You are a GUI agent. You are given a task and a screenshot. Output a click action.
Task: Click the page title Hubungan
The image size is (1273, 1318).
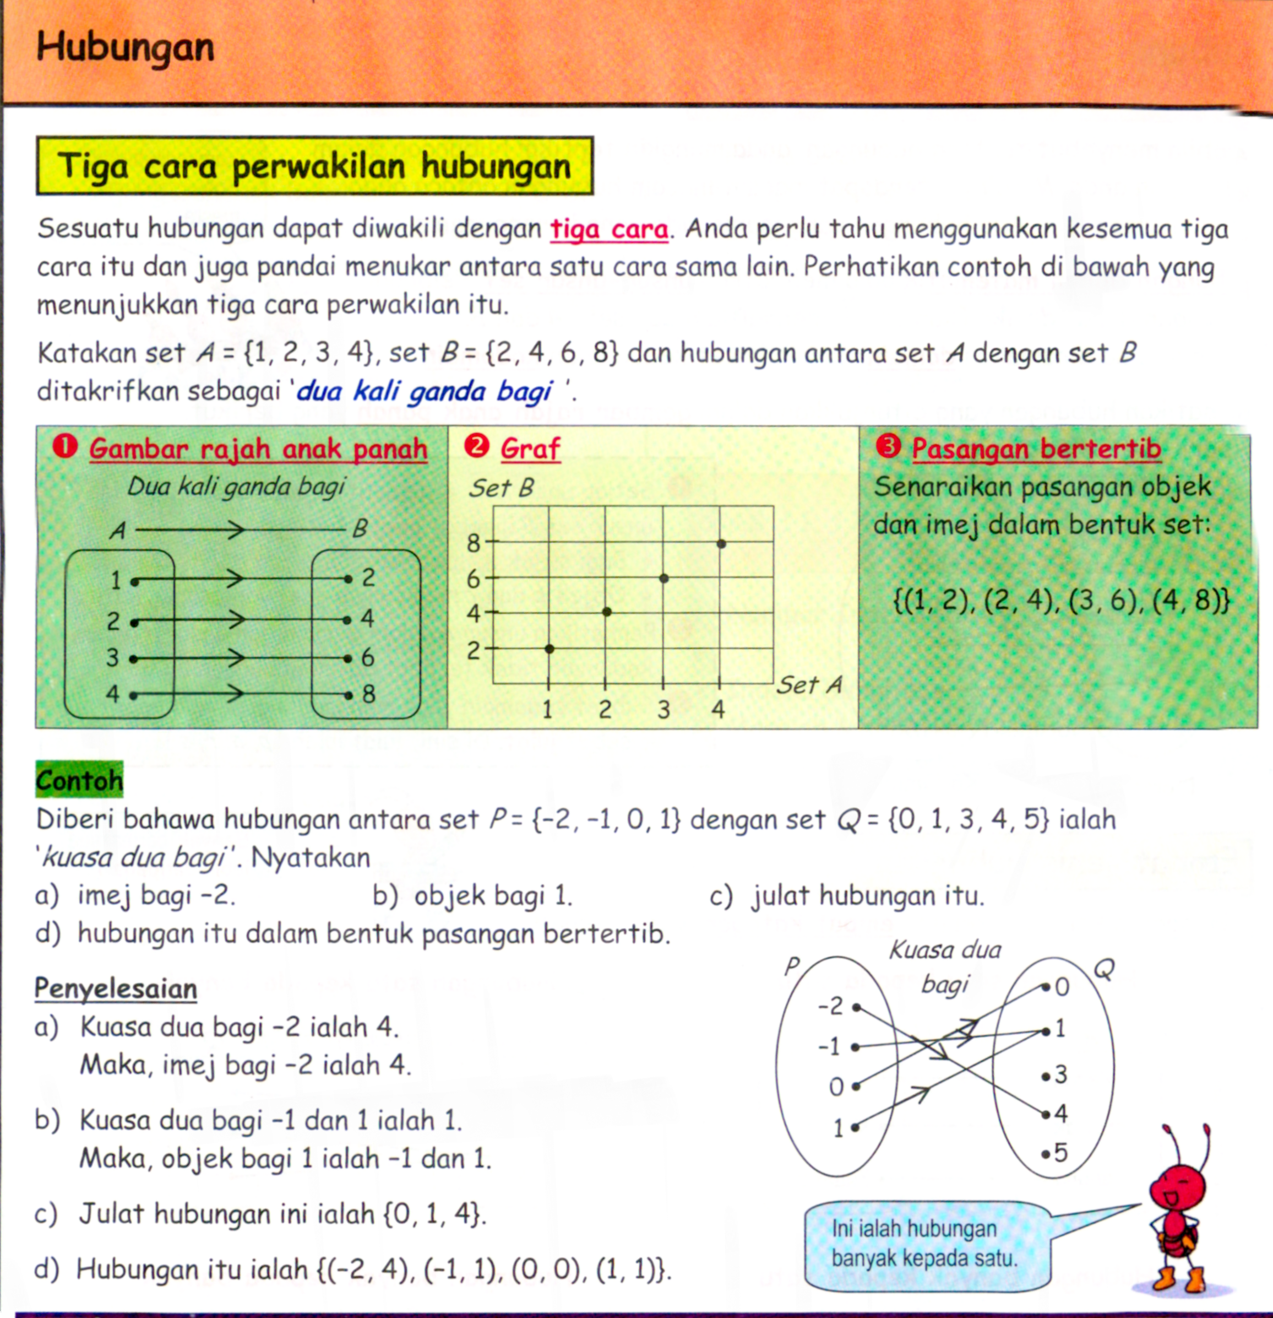(x=125, y=48)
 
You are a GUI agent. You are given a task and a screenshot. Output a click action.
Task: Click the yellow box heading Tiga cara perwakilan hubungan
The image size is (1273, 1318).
(x=314, y=166)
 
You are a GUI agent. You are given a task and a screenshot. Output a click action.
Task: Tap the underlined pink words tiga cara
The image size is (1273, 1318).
(x=609, y=230)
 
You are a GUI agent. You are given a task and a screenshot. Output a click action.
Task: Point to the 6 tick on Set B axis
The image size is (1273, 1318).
(x=474, y=579)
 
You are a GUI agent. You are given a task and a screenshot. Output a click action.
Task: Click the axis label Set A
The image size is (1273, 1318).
(x=809, y=685)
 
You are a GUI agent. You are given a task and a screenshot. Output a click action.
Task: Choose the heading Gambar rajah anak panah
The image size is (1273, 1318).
(x=258, y=449)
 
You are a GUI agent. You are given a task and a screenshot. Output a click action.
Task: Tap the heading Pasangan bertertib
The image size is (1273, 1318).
(x=1036, y=449)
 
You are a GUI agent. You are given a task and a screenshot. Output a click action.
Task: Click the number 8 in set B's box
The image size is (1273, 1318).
(x=368, y=694)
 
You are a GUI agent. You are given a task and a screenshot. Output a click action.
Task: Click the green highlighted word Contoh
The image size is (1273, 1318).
(x=79, y=781)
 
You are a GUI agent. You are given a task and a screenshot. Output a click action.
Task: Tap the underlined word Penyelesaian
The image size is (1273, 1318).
(x=116, y=988)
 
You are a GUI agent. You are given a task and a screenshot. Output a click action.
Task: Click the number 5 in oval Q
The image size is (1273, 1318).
(x=1060, y=1153)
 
